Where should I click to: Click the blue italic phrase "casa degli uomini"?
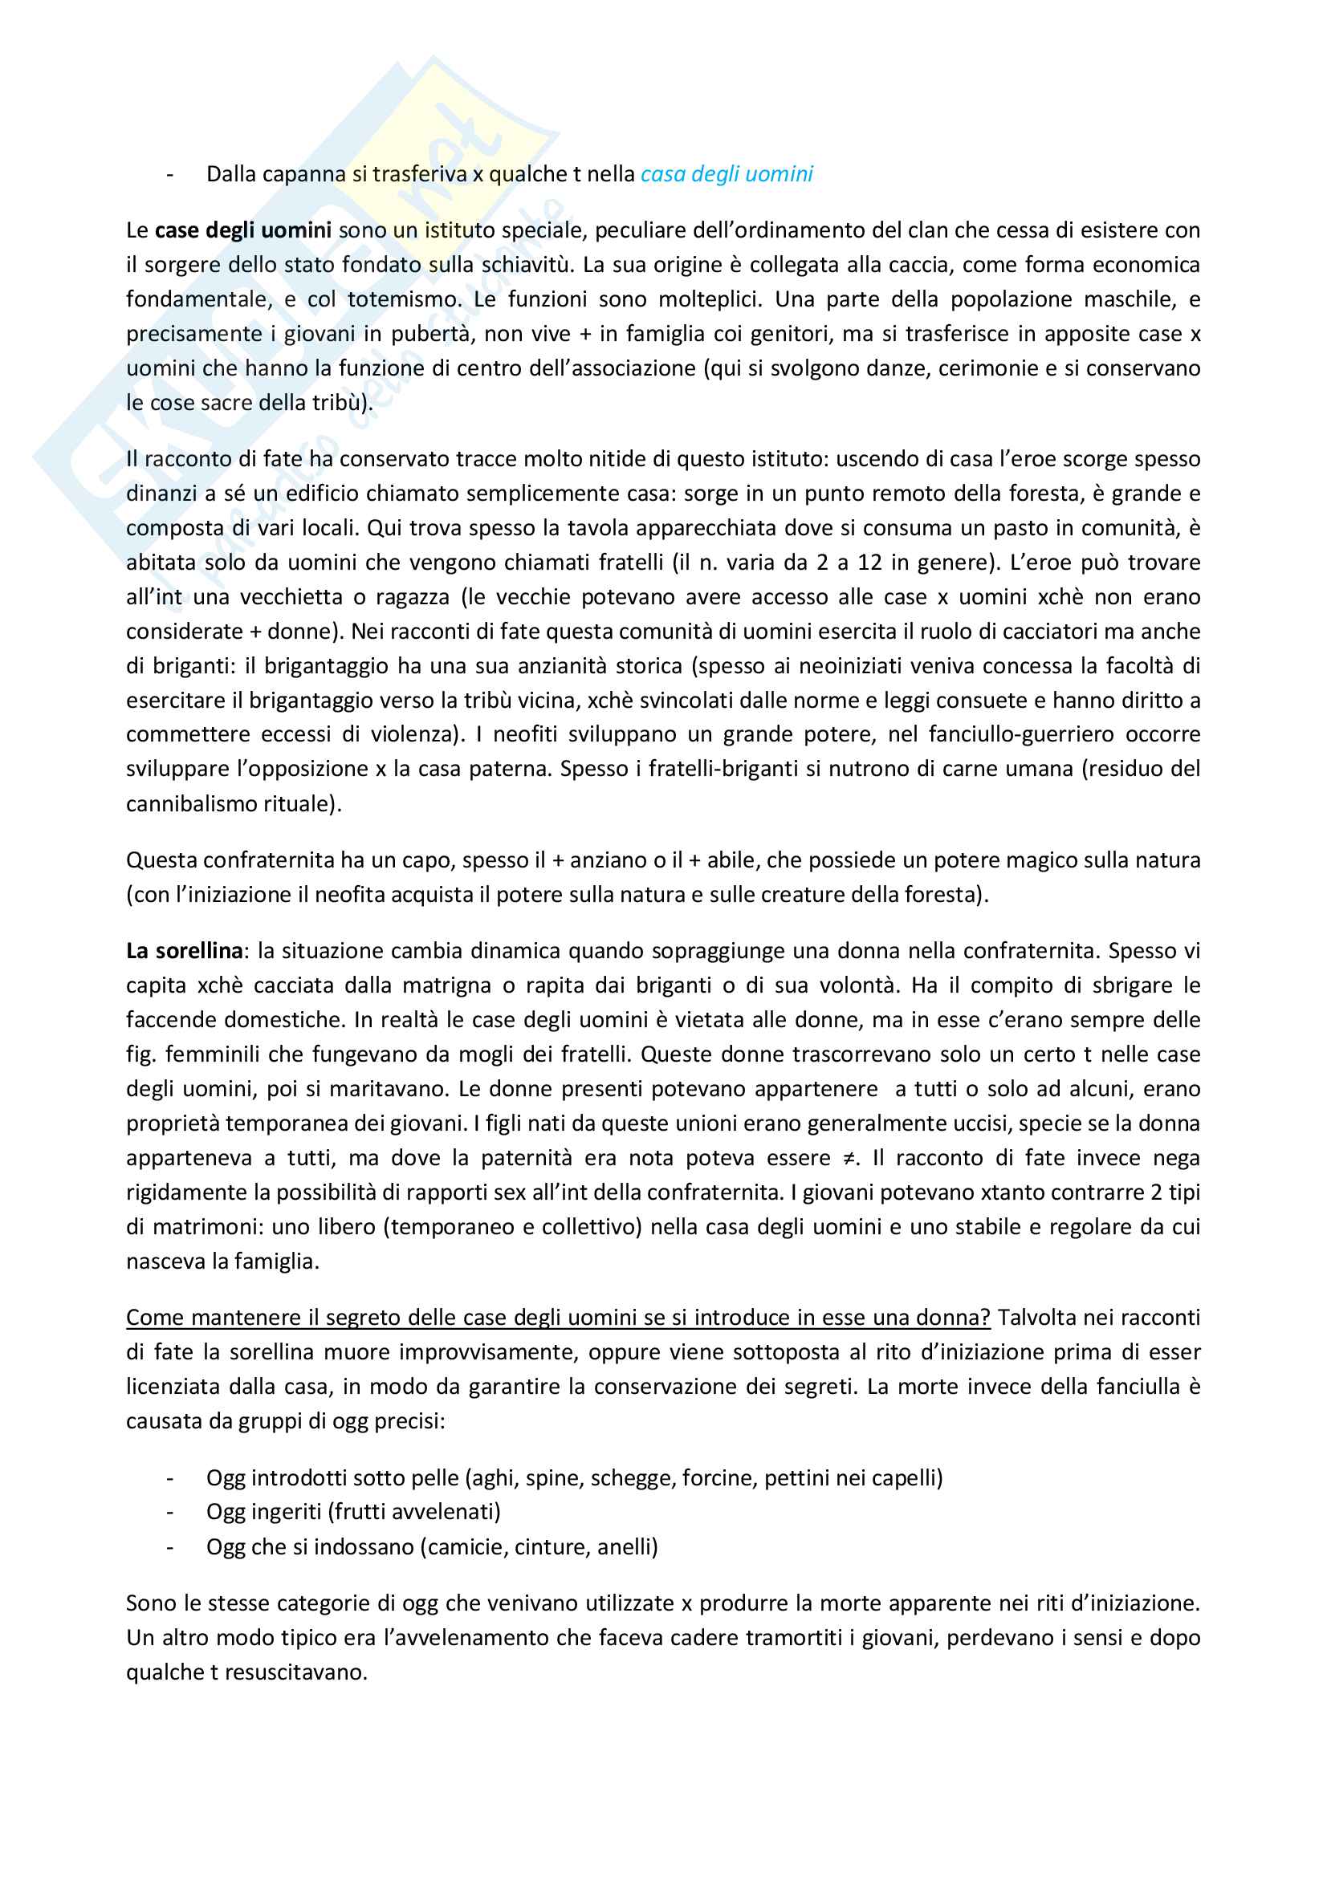(726, 174)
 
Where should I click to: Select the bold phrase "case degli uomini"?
(242, 230)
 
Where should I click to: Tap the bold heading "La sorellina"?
(184, 951)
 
